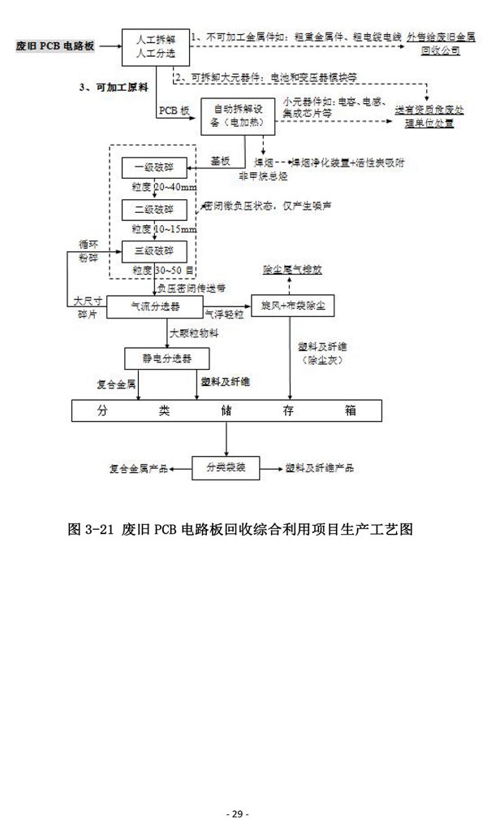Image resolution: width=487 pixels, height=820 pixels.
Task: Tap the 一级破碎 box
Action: [x=154, y=169]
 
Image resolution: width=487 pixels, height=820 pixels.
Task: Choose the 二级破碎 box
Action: [x=154, y=209]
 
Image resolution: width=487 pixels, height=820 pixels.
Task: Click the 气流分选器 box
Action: [x=155, y=306]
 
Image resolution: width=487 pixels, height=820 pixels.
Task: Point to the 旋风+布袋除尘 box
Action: [x=293, y=306]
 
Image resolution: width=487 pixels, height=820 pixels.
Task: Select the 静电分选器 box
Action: [x=161, y=358]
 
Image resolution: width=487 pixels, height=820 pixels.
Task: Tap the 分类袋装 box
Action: [x=225, y=468]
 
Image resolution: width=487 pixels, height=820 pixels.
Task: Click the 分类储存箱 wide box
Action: [x=226, y=410]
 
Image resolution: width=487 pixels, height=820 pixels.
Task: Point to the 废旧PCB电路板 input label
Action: [x=55, y=46]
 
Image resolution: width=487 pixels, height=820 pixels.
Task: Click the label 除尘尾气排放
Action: [x=292, y=269]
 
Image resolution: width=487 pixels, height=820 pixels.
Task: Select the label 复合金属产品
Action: [x=138, y=469]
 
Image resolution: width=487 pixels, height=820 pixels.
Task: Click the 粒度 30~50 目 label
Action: [x=164, y=268]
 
